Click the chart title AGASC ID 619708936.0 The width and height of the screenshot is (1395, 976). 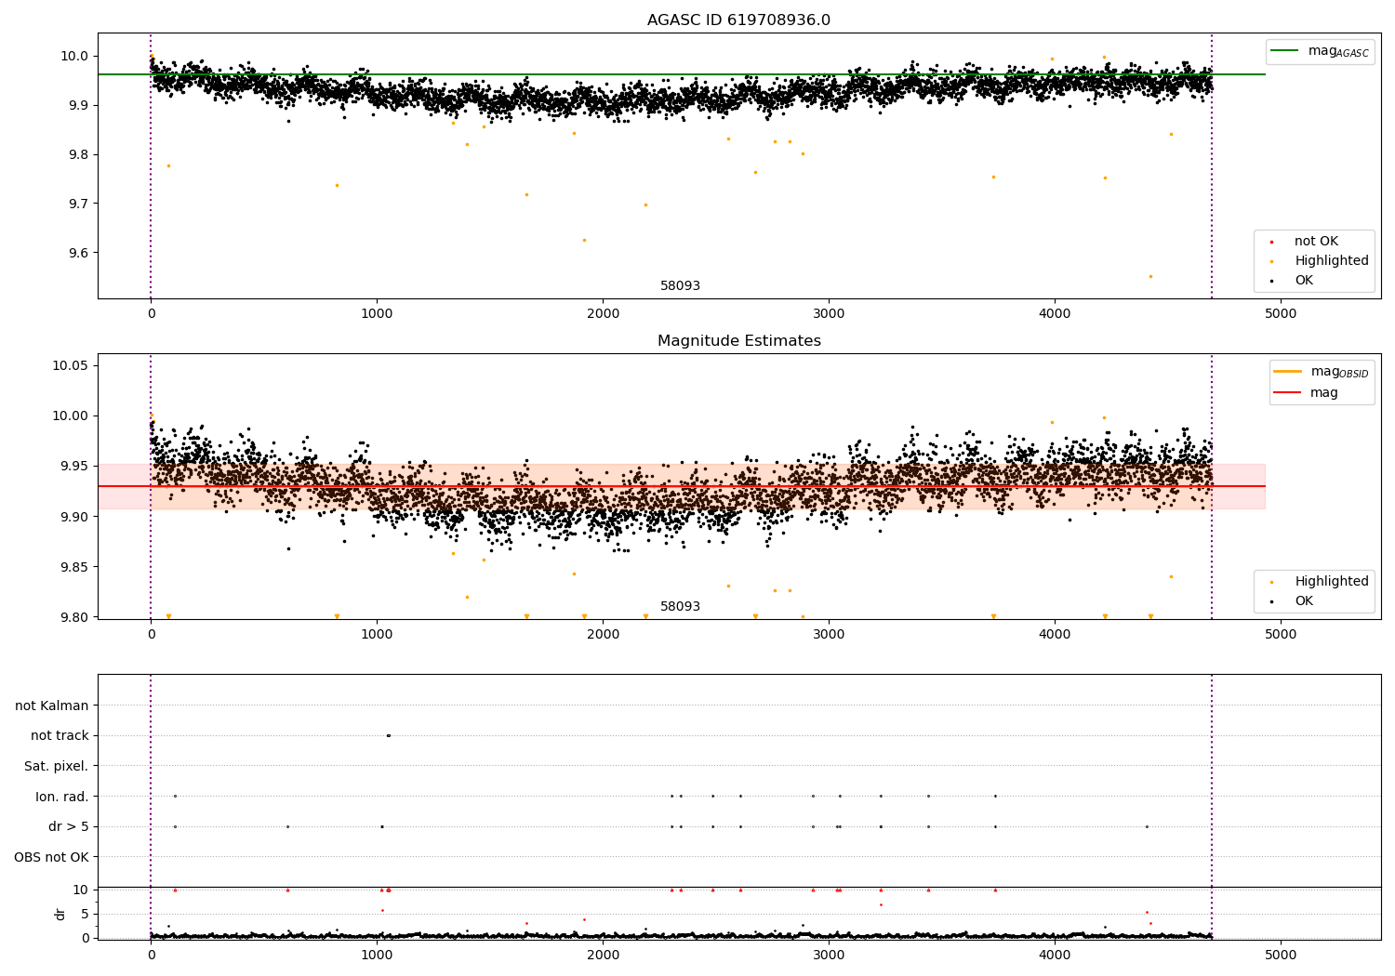(738, 20)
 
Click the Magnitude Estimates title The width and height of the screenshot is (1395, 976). (738, 341)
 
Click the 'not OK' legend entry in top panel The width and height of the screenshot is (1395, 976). (1316, 242)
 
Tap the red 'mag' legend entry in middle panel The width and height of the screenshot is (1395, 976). (1323, 392)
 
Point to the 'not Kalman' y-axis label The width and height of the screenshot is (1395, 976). (52, 706)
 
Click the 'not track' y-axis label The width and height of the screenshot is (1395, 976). (60, 735)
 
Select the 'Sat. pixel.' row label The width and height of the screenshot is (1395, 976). (57, 766)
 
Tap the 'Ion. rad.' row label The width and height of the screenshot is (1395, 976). (62, 797)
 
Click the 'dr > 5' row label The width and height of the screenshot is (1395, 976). (69, 826)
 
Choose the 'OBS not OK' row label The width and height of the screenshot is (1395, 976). (52, 857)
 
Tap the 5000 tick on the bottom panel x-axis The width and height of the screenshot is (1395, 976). (1281, 956)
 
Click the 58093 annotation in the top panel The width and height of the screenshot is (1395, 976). (680, 286)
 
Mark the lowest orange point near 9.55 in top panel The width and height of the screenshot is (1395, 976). (1150, 276)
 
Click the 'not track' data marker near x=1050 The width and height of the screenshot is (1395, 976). (388, 735)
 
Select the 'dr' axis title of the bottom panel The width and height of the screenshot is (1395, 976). (60, 914)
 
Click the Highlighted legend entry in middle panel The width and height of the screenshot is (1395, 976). (1331, 582)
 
